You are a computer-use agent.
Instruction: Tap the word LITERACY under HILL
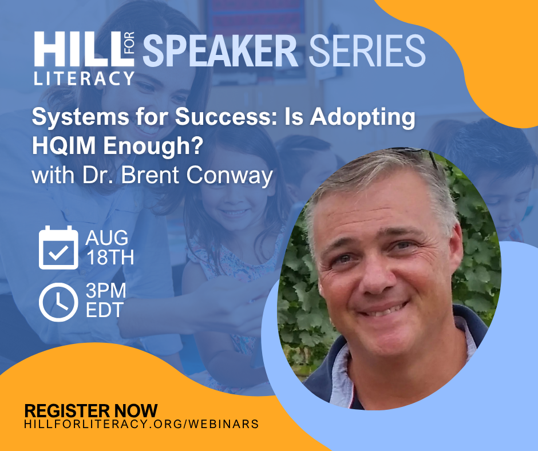[x=84, y=78]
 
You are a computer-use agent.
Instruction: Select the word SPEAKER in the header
[x=220, y=50]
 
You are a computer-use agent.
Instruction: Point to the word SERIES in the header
[x=367, y=50]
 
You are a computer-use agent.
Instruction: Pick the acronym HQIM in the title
[x=64, y=145]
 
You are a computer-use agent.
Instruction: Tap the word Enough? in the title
[x=153, y=146]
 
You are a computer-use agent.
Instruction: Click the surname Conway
[x=230, y=175]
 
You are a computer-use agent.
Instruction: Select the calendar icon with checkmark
[x=58, y=247]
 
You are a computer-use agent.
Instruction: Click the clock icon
[x=58, y=302]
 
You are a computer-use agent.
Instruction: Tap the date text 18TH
[x=110, y=257]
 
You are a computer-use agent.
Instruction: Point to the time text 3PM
[x=106, y=291]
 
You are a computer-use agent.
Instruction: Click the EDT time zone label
[x=104, y=310]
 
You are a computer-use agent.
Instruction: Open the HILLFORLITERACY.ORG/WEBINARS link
[x=141, y=424]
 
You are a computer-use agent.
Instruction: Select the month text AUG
[x=106, y=238]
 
